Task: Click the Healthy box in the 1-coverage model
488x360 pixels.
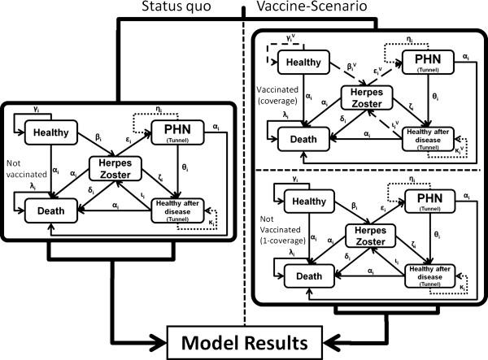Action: tap(302, 202)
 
